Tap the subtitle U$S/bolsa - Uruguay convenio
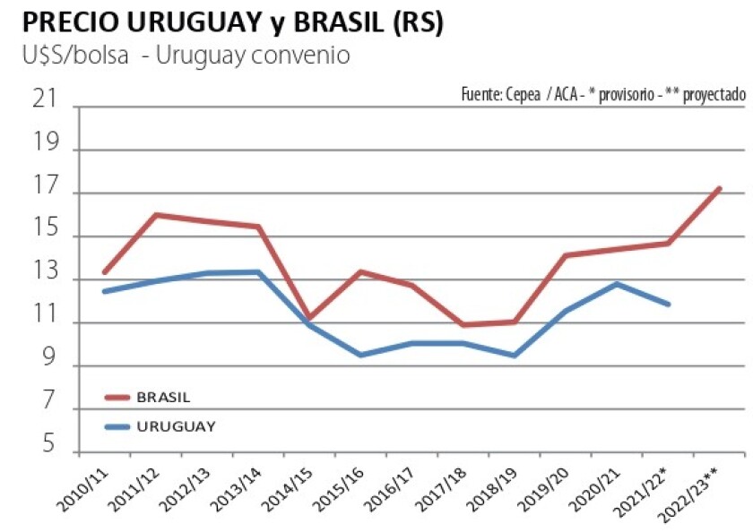tap(186, 56)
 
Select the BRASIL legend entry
tap(163, 397)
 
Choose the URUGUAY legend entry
tap(176, 426)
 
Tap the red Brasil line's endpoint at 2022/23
tap(719, 189)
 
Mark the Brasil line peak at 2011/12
tap(157, 215)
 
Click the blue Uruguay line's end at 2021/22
tap(668, 305)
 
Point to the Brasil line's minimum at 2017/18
tap(463, 324)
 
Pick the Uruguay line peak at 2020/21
tap(617, 284)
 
